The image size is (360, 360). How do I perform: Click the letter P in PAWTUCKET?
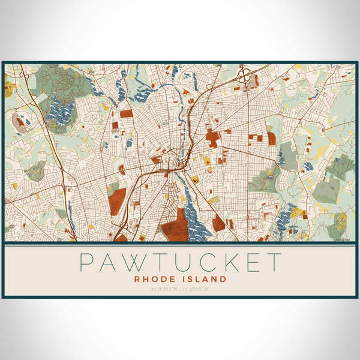pos(88,263)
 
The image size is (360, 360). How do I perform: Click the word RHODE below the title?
pos(155,279)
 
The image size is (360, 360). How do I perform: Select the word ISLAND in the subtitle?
pos(206,279)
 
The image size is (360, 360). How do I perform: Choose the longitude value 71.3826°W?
pos(199,290)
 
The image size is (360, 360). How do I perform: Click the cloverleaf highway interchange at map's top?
pos(245,77)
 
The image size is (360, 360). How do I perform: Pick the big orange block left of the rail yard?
pos(118,201)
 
